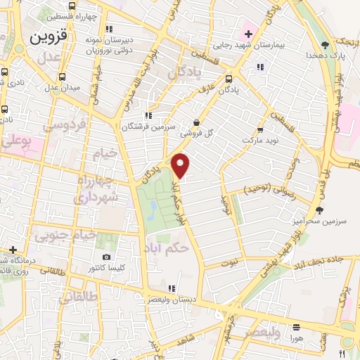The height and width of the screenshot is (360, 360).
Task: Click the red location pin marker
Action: (x=181, y=165)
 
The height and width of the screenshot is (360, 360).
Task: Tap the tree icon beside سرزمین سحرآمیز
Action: (x=320, y=210)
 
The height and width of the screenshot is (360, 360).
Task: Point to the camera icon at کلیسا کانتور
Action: (x=106, y=257)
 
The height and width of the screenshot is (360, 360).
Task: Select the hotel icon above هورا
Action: (x=296, y=327)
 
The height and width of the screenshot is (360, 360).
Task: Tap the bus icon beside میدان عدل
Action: (x=63, y=77)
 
